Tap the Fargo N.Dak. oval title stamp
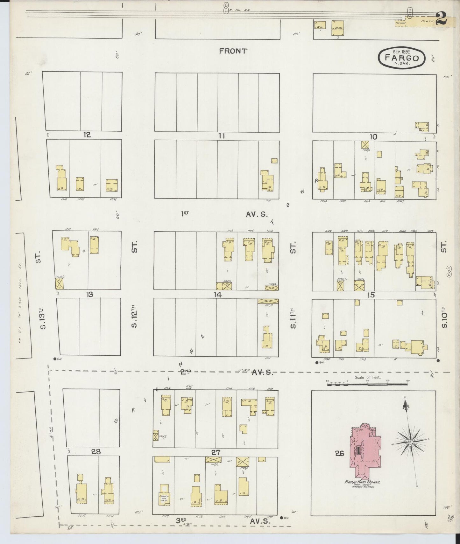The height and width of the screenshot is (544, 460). click(x=401, y=58)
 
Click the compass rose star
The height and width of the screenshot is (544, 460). click(x=411, y=442)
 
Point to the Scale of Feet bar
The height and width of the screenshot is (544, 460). click(x=368, y=384)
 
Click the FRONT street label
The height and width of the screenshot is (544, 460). click(x=233, y=51)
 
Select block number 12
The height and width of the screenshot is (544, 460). click(x=87, y=135)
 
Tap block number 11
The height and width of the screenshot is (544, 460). click(x=222, y=136)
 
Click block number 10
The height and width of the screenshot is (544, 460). click(x=373, y=137)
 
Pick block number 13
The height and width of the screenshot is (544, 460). click(x=90, y=295)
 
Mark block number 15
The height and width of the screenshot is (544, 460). click(x=371, y=295)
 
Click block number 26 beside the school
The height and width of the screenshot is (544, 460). click(x=340, y=454)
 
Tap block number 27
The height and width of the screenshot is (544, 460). click(x=216, y=452)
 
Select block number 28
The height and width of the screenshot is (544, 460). click(x=96, y=451)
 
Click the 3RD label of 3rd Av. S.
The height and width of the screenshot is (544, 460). click(x=181, y=520)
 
